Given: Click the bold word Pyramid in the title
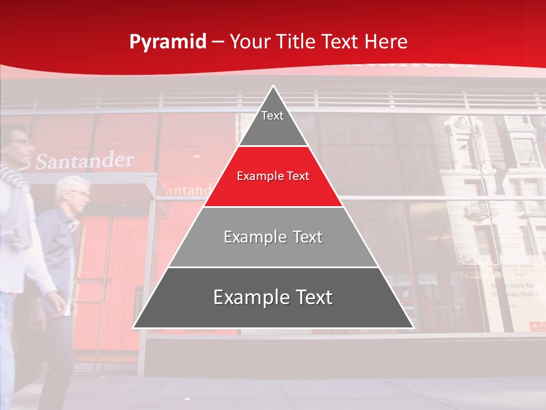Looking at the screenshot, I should click(168, 42).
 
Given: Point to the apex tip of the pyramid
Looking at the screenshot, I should click(274, 87).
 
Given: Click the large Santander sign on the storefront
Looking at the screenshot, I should click(84, 161).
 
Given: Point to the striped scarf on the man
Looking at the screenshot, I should click(14, 177).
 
